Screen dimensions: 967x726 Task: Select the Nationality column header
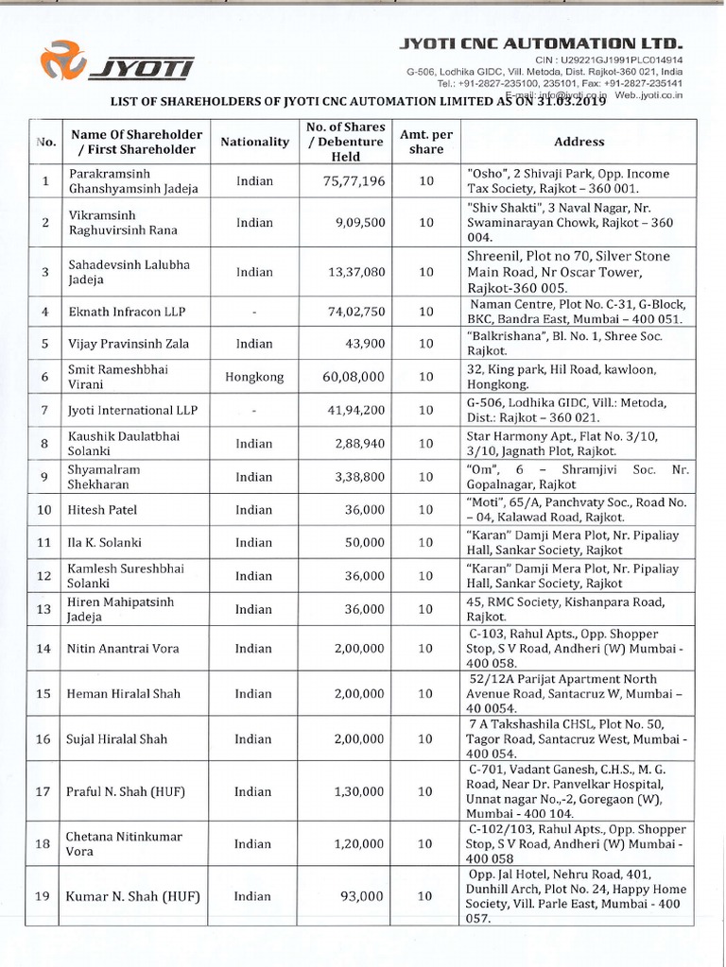[x=254, y=142]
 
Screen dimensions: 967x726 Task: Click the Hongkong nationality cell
[x=254, y=377]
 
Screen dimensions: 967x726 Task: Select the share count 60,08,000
[x=354, y=377]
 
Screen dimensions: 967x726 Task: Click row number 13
[x=43, y=609]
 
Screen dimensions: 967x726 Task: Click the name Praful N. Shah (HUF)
[x=130, y=791]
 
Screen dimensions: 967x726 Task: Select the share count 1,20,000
[x=357, y=844]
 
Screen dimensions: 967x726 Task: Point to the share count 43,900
[x=362, y=344]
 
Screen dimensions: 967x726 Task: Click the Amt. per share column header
[x=426, y=142]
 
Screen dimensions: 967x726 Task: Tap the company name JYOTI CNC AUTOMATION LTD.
[x=541, y=43]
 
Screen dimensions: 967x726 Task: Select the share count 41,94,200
[x=354, y=411]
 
